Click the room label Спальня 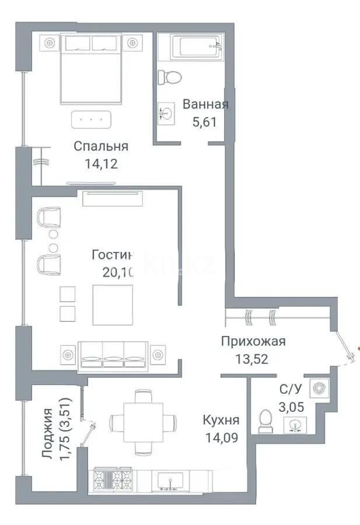pyautogui.click(x=101, y=146)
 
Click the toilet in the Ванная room pyautogui.click(x=172, y=77)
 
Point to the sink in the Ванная pyautogui.click(x=167, y=112)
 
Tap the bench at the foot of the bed pyautogui.click(x=90, y=119)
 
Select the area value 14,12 pyautogui.click(x=101, y=163)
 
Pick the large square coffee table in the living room pyautogui.click(x=113, y=304)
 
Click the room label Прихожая pyautogui.click(x=253, y=342)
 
